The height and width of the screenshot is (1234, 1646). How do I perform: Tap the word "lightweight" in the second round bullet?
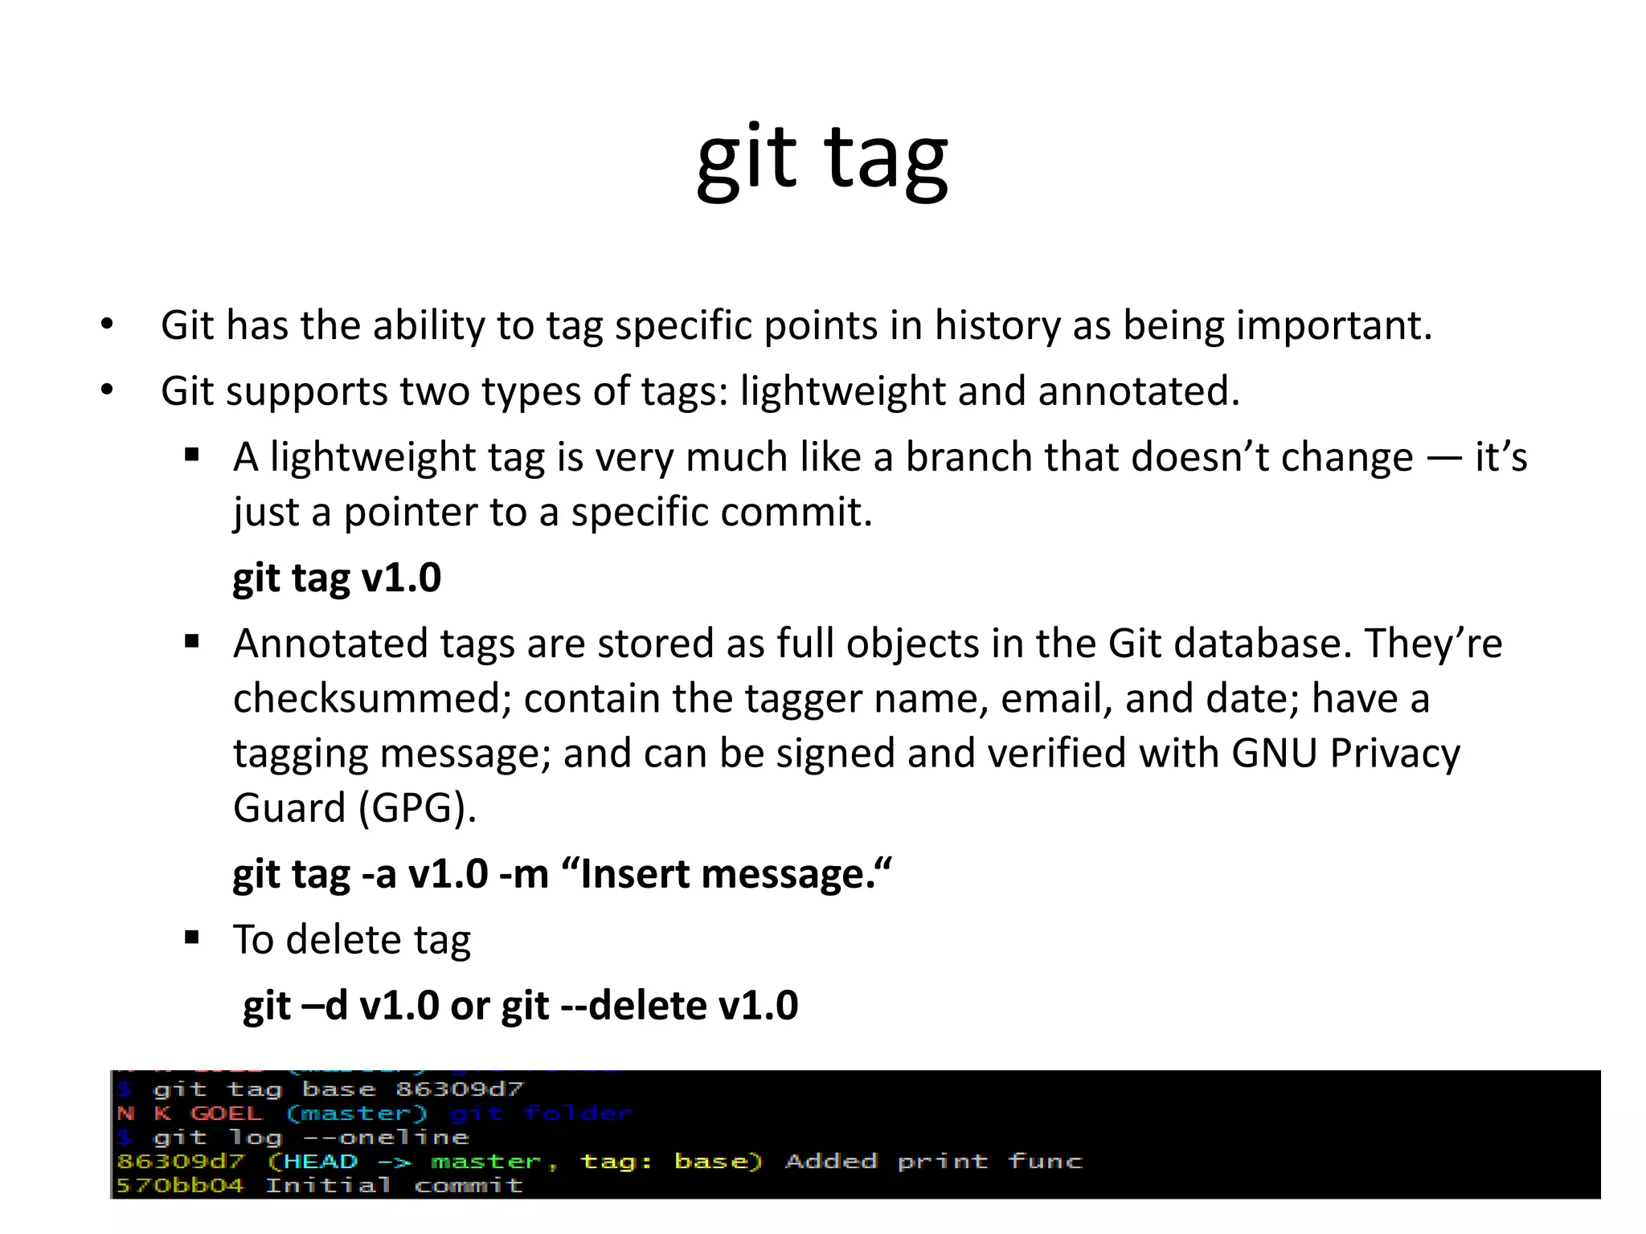pos(841,391)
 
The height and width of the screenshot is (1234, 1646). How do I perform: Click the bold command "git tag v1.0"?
pos(337,578)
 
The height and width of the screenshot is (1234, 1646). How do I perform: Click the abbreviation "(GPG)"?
pos(417,807)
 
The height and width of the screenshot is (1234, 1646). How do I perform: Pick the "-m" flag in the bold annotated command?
pos(523,873)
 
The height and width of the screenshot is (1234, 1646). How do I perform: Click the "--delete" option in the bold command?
pos(632,1005)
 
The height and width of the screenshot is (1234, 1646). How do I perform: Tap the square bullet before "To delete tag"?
pos(191,938)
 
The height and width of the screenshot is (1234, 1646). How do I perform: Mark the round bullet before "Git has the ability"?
pos(107,325)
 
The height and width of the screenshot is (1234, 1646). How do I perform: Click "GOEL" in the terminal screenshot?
pos(226,1113)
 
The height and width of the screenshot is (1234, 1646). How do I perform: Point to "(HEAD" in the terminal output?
pos(312,1162)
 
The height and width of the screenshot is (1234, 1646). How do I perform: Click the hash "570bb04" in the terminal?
pos(179,1186)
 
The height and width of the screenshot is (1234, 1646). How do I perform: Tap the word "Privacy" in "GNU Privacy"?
pos(1394,754)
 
